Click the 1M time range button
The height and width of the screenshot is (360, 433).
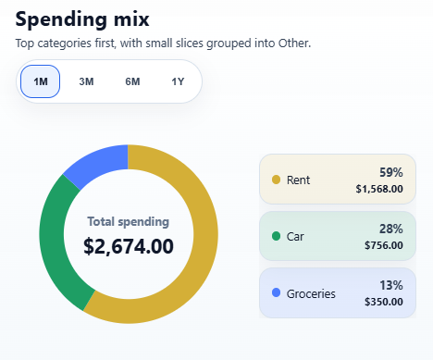41,81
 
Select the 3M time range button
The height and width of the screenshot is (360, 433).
87,81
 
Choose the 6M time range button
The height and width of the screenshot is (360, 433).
132,81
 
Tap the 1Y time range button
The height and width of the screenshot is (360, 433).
178,81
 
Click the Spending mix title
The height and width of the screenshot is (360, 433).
82,19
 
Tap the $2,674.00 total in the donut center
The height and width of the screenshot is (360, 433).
128,246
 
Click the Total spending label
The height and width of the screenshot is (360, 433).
128,222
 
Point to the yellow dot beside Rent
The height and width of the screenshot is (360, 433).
276,180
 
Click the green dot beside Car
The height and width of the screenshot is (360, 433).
276,237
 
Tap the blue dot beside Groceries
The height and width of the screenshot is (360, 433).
276,293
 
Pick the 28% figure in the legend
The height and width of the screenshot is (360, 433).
391,229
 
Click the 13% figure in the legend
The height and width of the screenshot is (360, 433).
391,286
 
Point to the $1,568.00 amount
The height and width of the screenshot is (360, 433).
379,189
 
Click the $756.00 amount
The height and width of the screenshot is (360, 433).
384,245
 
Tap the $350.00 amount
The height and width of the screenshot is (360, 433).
384,303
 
